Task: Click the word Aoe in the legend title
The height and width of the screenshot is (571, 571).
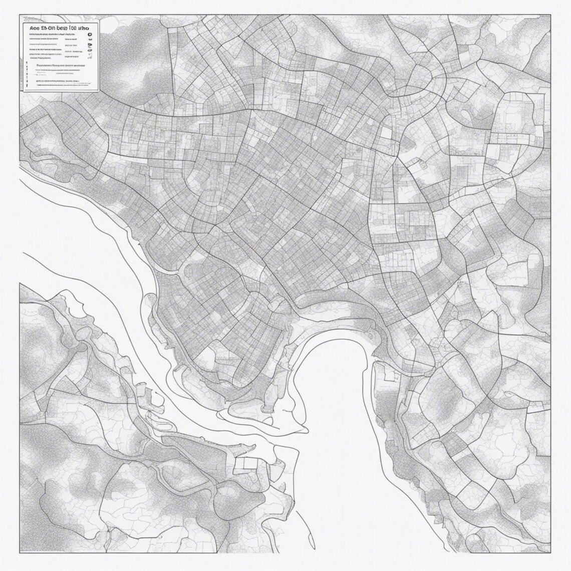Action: pos(31,29)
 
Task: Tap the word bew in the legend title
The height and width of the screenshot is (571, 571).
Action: pos(67,29)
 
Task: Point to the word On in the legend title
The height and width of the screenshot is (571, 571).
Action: pos(50,29)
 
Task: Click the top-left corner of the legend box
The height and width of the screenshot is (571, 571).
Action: pos(21,21)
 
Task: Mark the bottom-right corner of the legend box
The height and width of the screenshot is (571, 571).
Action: pos(99,93)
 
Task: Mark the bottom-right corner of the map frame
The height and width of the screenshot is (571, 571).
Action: pos(551,551)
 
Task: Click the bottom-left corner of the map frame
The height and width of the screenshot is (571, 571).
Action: pos(20,551)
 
